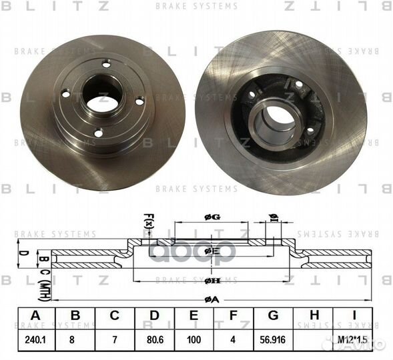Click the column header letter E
point(194,315)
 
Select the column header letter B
point(75,315)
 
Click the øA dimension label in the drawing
point(210,299)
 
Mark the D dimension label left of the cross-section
point(21,253)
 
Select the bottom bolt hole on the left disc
point(98,133)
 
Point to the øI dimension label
point(273,215)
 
